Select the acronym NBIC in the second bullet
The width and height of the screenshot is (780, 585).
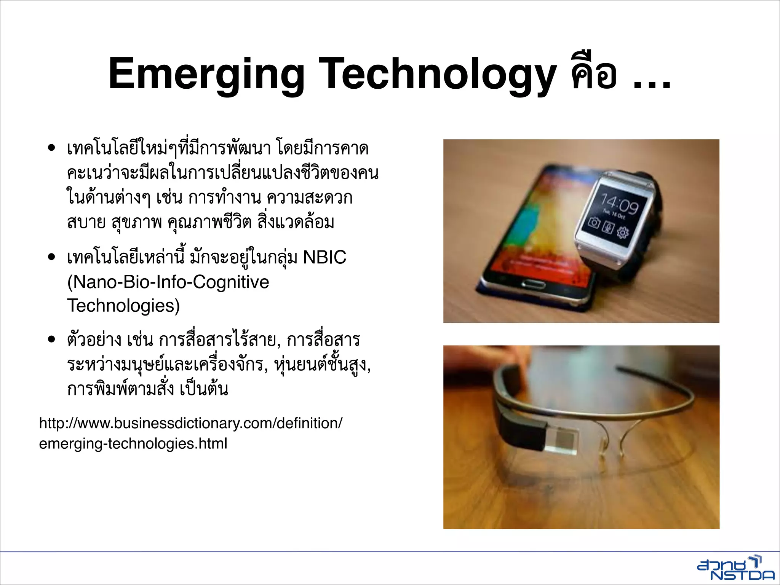324,257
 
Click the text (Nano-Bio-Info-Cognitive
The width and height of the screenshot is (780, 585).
168,282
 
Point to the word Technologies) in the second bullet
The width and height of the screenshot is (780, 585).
123,306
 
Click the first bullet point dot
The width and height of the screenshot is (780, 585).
52,148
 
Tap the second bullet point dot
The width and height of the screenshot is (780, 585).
52,257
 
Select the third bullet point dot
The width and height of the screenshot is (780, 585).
52,340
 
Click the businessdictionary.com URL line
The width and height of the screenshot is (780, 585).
190,423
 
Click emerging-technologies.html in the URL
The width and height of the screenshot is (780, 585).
133,444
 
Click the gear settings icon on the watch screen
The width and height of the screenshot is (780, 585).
622,232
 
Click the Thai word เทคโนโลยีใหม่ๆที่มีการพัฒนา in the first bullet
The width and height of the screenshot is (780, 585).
168,148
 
